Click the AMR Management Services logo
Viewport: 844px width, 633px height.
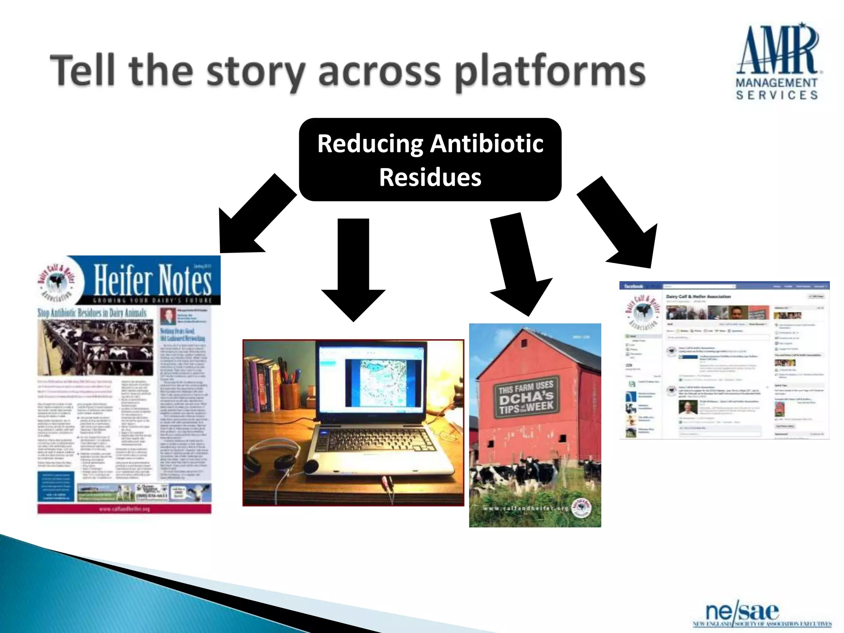777,62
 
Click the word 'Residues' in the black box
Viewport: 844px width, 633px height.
430,177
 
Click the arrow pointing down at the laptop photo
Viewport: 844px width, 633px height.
353,268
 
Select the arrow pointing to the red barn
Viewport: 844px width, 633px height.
517,264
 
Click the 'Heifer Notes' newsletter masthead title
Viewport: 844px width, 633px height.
152,280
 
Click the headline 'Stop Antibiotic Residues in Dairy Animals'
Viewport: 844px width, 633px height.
92,313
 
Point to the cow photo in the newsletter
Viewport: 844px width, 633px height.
95,347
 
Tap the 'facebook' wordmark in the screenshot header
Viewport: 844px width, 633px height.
633,286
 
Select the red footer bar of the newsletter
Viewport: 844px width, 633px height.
124,509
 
